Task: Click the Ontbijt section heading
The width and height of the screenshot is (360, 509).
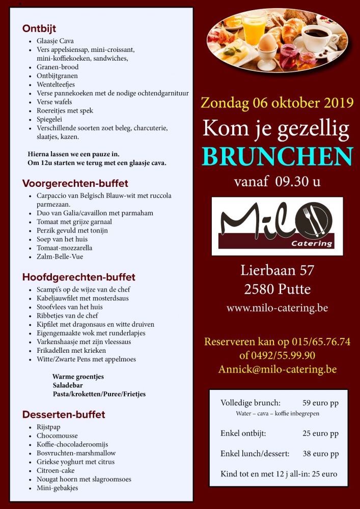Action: (39, 29)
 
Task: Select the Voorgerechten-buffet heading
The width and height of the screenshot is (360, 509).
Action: (75, 183)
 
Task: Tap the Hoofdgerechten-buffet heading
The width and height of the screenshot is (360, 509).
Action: (78, 277)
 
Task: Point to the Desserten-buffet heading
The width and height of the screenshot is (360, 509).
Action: (64, 414)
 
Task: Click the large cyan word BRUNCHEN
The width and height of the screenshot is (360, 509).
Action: (277, 157)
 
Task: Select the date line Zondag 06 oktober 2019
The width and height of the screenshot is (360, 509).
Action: (277, 102)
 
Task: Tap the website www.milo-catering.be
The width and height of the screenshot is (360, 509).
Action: (277, 308)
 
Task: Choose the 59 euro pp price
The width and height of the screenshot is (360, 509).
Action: (320, 403)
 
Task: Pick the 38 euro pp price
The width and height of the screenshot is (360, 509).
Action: (320, 454)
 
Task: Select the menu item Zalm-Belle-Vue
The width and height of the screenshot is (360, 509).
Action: (60, 257)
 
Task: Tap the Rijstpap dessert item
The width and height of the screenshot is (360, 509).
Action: (48, 427)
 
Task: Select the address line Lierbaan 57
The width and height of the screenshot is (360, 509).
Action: (277, 270)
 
